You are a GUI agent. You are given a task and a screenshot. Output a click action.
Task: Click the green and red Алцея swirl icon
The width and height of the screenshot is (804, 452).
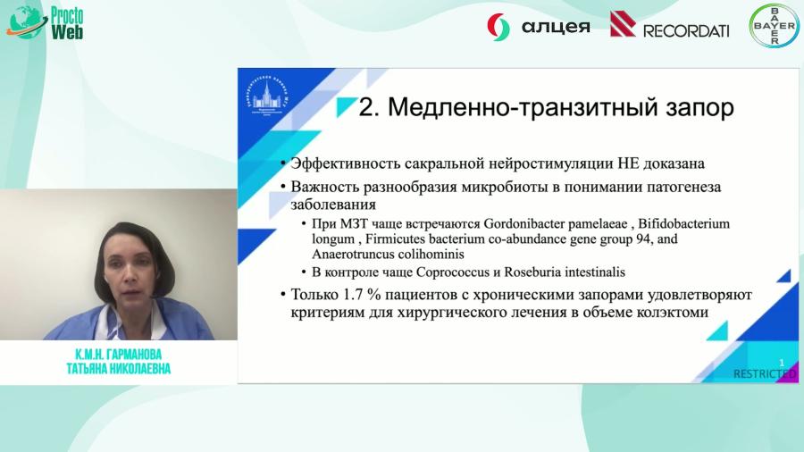tap(498, 27)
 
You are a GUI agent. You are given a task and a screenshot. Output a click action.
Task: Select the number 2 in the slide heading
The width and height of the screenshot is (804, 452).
tap(365, 108)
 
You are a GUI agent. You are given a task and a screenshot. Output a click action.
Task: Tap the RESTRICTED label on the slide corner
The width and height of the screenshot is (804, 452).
tap(765, 373)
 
